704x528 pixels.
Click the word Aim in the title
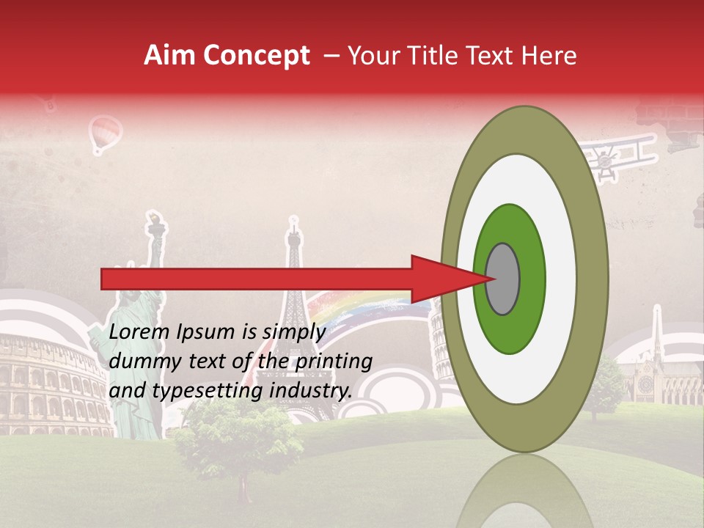click(169, 56)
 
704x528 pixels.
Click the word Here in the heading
click(549, 56)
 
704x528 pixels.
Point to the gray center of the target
click(503, 279)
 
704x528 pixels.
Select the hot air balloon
click(104, 134)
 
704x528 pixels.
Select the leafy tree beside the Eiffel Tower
click(238, 436)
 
